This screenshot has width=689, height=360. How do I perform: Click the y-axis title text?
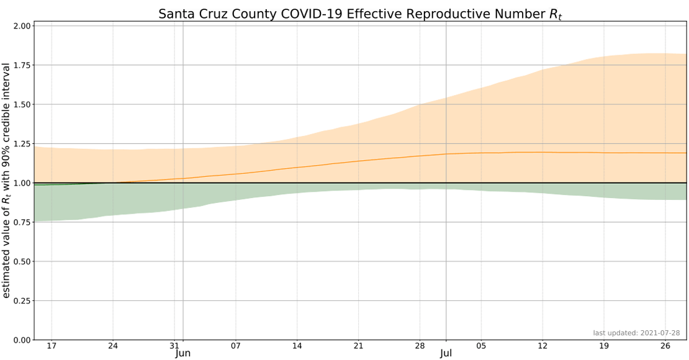(x=7, y=180)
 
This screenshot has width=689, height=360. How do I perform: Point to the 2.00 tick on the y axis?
(x=22, y=26)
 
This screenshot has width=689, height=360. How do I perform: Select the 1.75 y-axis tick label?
(x=22, y=65)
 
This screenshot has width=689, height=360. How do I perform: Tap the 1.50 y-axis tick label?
(x=22, y=104)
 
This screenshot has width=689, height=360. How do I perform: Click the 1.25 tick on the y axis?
(x=22, y=144)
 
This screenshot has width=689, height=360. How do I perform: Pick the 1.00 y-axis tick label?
(x=22, y=183)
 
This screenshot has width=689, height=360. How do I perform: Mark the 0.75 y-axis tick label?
(x=22, y=222)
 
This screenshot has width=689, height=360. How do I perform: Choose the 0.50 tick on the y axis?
(x=22, y=261)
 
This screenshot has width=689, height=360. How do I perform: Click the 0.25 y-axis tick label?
(x=22, y=300)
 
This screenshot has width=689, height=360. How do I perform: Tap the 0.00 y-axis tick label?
(x=22, y=340)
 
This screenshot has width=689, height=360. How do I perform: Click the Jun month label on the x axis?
(x=183, y=354)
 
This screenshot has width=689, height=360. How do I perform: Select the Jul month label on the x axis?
(x=446, y=354)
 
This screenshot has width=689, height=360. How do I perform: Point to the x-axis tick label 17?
(x=52, y=346)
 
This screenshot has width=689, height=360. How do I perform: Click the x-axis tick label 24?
(x=113, y=346)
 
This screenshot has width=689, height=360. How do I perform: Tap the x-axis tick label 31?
(x=174, y=346)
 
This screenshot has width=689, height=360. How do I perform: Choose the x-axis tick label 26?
(x=665, y=346)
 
